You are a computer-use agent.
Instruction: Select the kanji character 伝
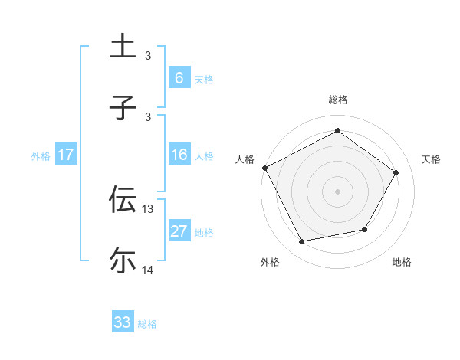click(x=123, y=199)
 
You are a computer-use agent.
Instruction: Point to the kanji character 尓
click(x=123, y=260)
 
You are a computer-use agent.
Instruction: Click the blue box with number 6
click(x=179, y=78)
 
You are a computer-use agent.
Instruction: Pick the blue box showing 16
click(x=179, y=155)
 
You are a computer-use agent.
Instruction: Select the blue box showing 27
click(x=179, y=231)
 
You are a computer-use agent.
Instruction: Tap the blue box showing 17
click(x=66, y=155)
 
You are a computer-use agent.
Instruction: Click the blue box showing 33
click(x=123, y=322)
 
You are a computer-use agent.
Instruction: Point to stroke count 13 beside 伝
click(x=148, y=208)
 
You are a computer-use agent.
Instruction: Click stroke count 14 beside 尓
click(x=148, y=270)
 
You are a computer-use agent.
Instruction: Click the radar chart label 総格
click(x=337, y=100)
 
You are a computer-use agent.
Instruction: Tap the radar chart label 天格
click(x=431, y=159)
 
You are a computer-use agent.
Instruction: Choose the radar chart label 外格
click(x=270, y=262)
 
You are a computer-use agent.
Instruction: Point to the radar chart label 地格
click(x=402, y=262)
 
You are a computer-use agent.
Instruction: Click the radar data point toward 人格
click(x=264, y=168)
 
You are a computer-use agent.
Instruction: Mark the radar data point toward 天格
click(x=396, y=172)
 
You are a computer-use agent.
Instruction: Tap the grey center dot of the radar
click(x=337, y=191)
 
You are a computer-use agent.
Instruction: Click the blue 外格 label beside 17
click(x=41, y=155)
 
